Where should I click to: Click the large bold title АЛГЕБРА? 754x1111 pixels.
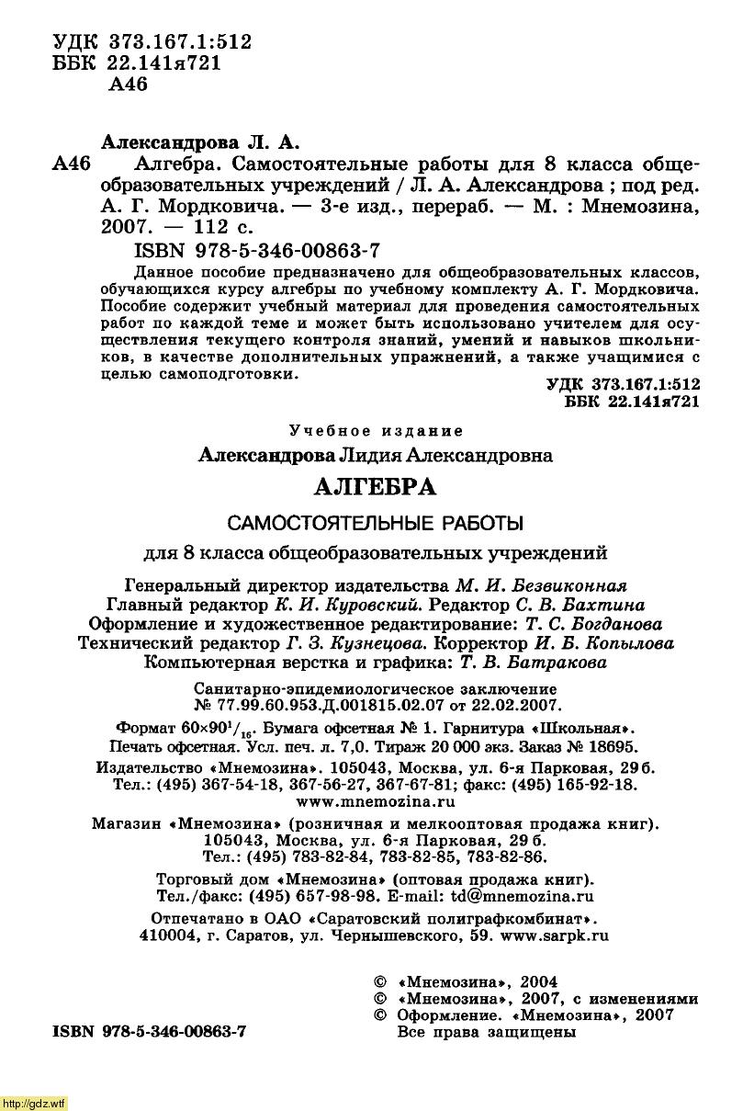pyautogui.click(x=376, y=487)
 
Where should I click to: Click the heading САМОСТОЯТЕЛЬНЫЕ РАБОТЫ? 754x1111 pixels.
pyautogui.click(x=375, y=523)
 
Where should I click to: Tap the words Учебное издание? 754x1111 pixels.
pyautogui.click(x=376, y=430)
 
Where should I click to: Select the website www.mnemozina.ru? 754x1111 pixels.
pyautogui.click(x=376, y=802)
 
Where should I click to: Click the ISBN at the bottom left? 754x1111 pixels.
pyautogui.click(x=143, y=1031)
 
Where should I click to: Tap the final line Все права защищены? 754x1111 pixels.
pyautogui.click(x=486, y=1032)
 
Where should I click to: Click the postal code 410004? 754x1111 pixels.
pyautogui.click(x=165, y=935)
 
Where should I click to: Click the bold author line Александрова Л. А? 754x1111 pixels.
pyautogui.click(x=199, y=142)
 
